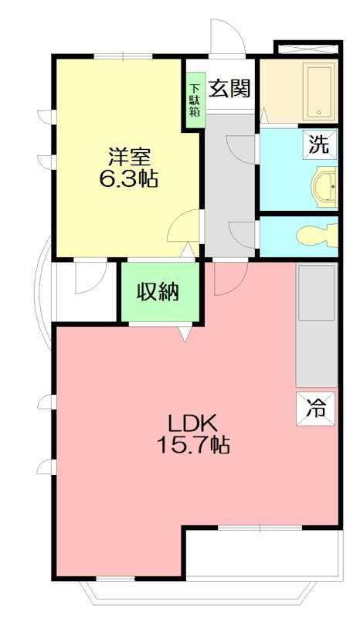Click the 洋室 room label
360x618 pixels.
[x=128, y=156]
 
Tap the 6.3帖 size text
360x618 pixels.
[x=128, y=179]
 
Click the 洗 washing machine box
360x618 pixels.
[x=319, y=144]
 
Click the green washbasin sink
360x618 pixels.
[x=324, y=185]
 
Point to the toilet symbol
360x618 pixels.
[x=318, y=234]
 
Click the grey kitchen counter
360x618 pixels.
[x=317, y=324]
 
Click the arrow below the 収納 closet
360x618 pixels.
[x=185, y=334]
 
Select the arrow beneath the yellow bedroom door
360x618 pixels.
[x=185, y=250]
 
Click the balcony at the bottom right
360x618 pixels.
[x=263, y=555]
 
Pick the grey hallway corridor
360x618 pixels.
[x=230, y=185]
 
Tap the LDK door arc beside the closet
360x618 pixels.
[x=230, y=277]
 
